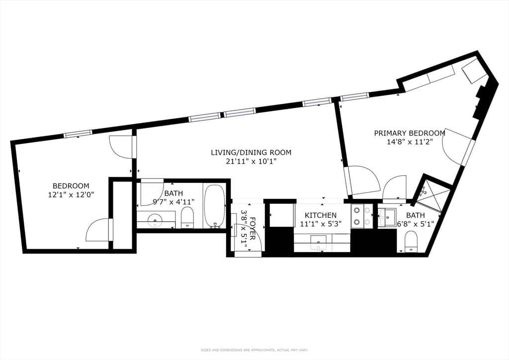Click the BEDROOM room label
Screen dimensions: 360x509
pyautogui.click(x=71, y=186)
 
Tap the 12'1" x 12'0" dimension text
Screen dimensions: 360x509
pyautogui.click(x=71, y=195)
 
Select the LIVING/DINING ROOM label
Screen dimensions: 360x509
pyautogui.click(x=251, y=152)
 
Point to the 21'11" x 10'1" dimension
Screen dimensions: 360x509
pyautogui.click(x=251, y=161)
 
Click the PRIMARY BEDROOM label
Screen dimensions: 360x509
pyautogui.click(x=410, y=133)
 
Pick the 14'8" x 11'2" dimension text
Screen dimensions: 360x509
pyautogui.click(x=410, y=142)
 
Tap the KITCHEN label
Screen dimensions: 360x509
pyautogui.click(x=321, y=215)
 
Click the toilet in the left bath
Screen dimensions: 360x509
pyautogui.click(x=187, y=217)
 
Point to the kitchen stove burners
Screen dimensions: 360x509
pyautogui.click(x=361, y=216)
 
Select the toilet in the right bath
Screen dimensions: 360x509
pyautogui.click(x=411, y=242)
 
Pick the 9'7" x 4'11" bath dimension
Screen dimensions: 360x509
pyautogui.click(x=173, y=202)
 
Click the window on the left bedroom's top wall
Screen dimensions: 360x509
pyautogui.click(x=78, y=133)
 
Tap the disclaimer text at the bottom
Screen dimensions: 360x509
pyautogui.click(x=254, y=350)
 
